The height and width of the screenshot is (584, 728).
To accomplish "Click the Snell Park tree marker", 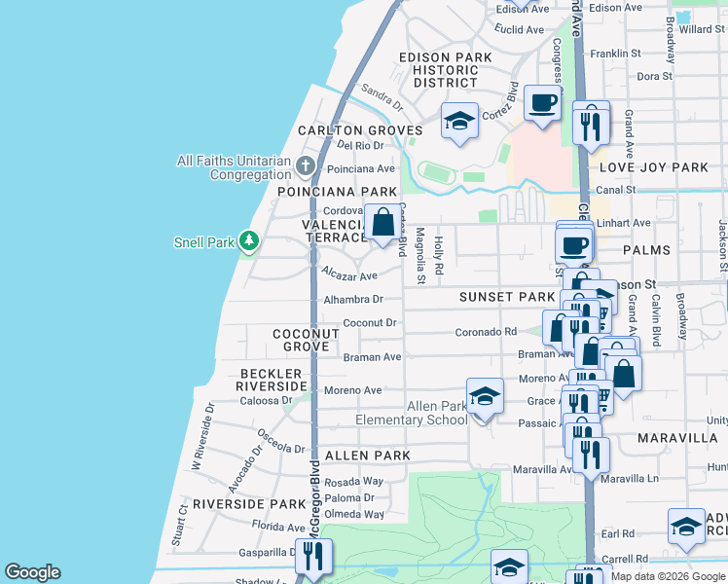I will click(249, 240).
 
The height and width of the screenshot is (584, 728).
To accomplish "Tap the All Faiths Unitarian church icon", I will click(305, 165).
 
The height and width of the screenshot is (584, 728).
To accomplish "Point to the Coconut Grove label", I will click(306, 340).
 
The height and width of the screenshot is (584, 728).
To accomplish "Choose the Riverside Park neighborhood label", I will click(248, 504).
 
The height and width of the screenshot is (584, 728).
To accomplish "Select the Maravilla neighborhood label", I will click(677, 438).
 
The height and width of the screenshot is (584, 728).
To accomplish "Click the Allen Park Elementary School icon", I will click(485, 395).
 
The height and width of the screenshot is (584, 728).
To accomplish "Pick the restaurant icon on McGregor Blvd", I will click(313, 556).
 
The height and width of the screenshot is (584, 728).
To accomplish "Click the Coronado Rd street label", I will click(486, 332).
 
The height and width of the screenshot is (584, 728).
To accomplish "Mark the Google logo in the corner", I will click(32, 572).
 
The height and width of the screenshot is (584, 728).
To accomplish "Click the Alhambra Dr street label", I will click(354, 300).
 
